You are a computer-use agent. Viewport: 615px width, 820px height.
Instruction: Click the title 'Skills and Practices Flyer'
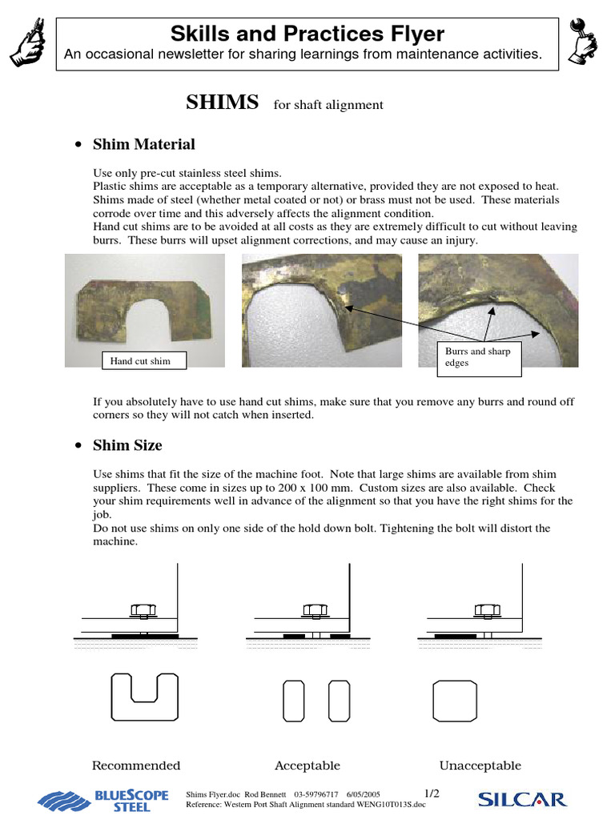pos(307,34)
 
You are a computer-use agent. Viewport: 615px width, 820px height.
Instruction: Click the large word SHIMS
pos(223,102)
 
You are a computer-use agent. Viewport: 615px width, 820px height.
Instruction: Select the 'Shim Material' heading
pos(143,144)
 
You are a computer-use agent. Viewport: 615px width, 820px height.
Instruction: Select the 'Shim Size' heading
pos(127,444)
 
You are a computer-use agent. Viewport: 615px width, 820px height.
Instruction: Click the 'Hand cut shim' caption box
pos(141,361)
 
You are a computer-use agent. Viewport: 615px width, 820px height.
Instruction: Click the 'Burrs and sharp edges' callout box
pos(479,357)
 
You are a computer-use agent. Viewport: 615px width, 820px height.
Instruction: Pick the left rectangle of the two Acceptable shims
pos(295,701)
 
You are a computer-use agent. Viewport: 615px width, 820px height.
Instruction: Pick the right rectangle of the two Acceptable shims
pos(339,701)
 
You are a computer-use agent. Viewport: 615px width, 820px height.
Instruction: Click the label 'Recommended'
pos(136,766)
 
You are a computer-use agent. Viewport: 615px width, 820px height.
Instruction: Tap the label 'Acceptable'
pos(307,766)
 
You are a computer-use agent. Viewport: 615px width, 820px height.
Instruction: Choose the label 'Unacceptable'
pos(480,766)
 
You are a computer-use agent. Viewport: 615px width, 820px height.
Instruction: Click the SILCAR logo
pos(521,798)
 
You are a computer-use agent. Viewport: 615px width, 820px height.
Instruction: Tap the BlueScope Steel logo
pos(104,800)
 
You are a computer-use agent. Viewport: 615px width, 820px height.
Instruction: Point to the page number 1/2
pos(432,793)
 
